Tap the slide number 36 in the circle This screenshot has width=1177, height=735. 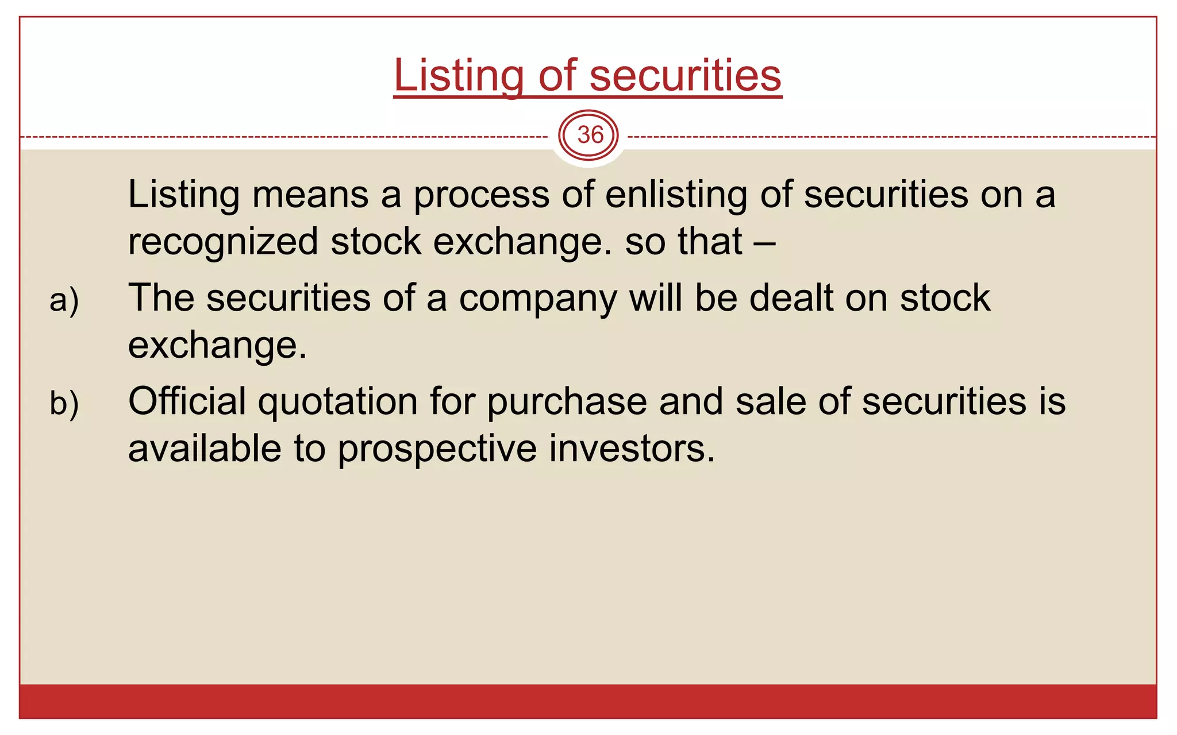click(x=590, y=136)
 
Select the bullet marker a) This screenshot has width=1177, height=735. click(x=64, y=300)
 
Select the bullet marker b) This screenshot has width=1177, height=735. click(x=64, y=403)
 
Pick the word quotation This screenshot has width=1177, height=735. click(x=338, y=402)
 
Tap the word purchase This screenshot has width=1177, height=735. click(x=567, y=402)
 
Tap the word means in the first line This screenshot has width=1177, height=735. click(x=310, y=195)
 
